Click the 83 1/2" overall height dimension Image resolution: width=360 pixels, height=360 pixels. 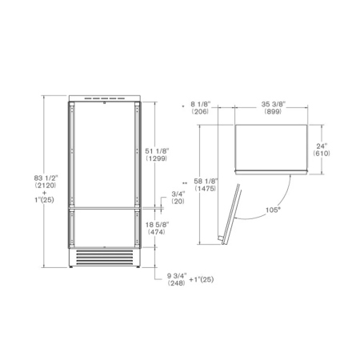click(x=46, y=178)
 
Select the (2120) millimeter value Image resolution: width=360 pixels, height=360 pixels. click(x=46, y=185)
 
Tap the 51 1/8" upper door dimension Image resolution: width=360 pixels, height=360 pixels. click(x=157, y=151)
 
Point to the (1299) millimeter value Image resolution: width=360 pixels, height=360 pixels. click(x=157, y=158)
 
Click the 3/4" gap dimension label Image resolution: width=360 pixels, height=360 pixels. click(x=178, y=194)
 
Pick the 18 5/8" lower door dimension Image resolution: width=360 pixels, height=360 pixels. click(x=157, y=225)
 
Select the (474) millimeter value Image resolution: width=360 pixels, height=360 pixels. click(x=157, y=232)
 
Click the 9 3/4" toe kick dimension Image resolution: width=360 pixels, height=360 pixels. click(x=177, y=276)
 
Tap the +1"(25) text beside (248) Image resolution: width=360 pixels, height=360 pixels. click(x=202, y=279)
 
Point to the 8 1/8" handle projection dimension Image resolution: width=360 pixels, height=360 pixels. click(x=201, y=104)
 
